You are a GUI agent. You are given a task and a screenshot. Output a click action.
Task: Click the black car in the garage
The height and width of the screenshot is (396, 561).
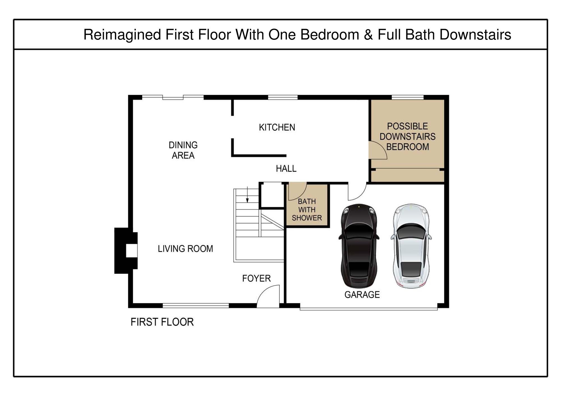[359, 246]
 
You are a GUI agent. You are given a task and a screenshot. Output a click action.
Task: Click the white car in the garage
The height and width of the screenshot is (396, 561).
[411, 246]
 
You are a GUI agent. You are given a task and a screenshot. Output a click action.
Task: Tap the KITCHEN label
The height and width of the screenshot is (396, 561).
[277, 128]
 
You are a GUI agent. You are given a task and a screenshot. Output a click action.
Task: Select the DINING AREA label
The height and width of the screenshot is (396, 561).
[183, 150]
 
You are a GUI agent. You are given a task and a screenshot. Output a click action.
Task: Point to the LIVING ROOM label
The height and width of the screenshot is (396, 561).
[185, 249]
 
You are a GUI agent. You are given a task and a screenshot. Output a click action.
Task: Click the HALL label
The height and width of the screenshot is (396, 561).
[286, 168]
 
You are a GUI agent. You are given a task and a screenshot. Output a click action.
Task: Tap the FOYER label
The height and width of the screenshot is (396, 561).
[256, 278]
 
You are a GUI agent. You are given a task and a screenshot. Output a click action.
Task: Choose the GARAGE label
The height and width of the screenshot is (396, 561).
[362, 295]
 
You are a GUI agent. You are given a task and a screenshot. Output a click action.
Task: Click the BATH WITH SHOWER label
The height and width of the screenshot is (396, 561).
[307, 210]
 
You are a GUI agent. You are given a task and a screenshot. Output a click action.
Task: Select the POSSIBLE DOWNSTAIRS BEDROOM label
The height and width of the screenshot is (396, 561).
[408, 136]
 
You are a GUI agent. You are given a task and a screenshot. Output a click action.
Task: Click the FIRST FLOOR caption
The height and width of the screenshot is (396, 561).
[162, 322]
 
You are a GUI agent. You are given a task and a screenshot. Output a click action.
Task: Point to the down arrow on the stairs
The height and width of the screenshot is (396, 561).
[247, 194]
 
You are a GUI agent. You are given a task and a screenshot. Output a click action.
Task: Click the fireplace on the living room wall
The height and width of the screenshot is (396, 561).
[126, 251]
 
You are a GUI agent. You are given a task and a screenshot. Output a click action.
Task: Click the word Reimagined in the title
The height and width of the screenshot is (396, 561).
[122, 35]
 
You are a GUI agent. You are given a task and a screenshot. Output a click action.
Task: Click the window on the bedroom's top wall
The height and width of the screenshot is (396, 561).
[408, 97]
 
